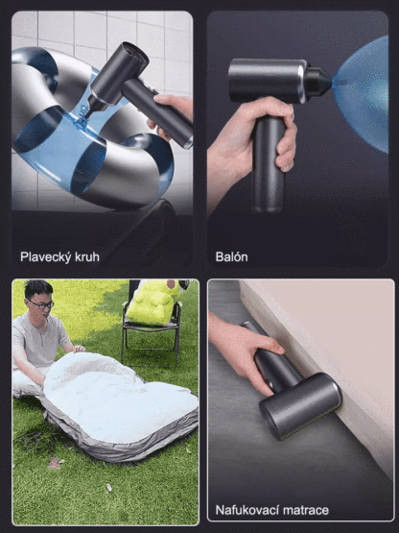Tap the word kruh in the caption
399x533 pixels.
(86, 257)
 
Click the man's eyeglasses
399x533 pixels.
(41, 303)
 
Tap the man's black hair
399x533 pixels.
(37, 289)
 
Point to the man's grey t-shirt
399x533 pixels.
(38, 341)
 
